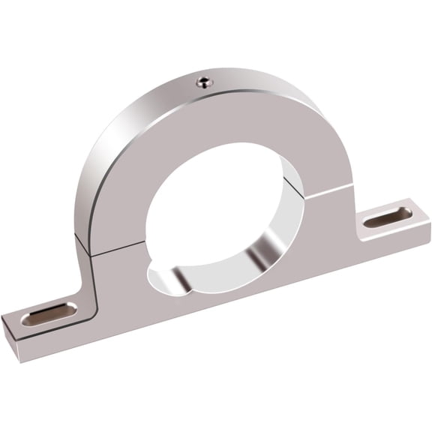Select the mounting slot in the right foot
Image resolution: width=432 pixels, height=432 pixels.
click(387, 218)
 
